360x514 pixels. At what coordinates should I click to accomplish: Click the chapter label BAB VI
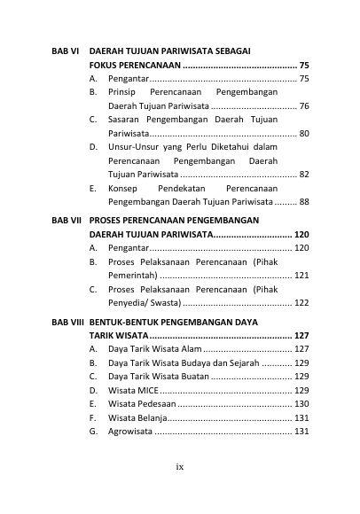tap(62, 51)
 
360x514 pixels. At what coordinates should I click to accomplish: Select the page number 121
tap(301, 276)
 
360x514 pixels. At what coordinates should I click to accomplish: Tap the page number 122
tap(301, 303)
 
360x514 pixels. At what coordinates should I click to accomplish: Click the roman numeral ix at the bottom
tap(180, 465)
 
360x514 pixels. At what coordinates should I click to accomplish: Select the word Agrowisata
tap(130, 432)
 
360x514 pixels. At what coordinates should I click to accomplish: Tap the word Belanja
tap(150, 417)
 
